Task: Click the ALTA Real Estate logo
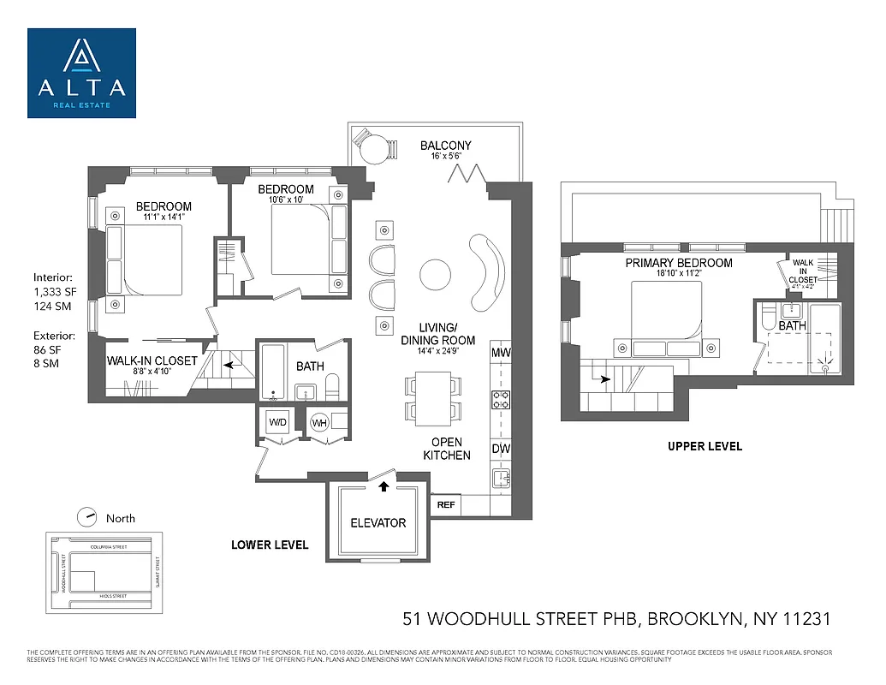click(81, 73)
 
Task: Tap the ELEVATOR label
click(378, 522)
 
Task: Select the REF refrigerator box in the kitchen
click(446, 504)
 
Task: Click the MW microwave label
click(501, 353)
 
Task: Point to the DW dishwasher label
click(501, 448)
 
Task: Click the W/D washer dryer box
click(277, 422)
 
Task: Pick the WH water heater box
click(320, 422)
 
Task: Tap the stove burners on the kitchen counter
click(501, 399)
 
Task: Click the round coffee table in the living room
click(435, 275)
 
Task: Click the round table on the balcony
click(373, 151)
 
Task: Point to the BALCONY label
click(445, 146)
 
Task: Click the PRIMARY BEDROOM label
click(678, 263)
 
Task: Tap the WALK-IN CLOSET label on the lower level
click(152, 360)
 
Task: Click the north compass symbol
click(86, 517)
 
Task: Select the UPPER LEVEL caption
click(705, 446)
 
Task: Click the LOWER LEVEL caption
click(270, 545)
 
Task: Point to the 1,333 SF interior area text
click(54, 292)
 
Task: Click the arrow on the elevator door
click(384, 486)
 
